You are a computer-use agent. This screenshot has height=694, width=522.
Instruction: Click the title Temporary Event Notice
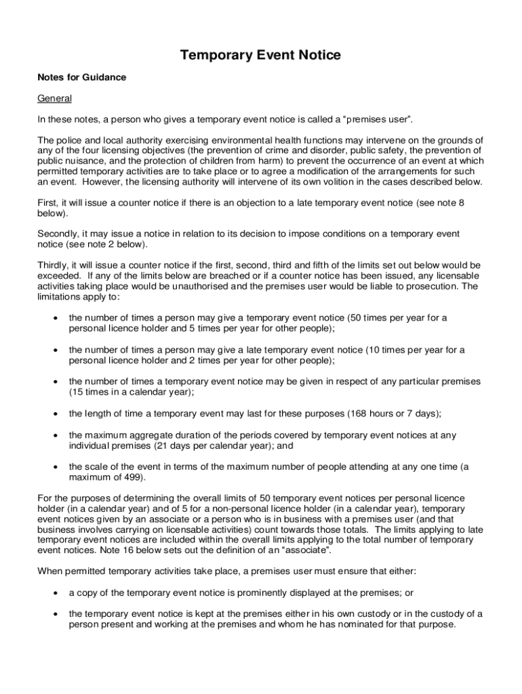260,55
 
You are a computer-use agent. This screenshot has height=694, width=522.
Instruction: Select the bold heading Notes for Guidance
81,77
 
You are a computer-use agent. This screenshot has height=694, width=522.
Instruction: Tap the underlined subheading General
54,98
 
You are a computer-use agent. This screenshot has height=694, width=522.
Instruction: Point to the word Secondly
57,234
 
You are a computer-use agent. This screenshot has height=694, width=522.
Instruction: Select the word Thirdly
52,265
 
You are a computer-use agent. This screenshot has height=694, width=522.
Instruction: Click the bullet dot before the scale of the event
54,467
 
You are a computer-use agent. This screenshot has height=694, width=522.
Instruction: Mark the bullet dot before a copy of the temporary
54,593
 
